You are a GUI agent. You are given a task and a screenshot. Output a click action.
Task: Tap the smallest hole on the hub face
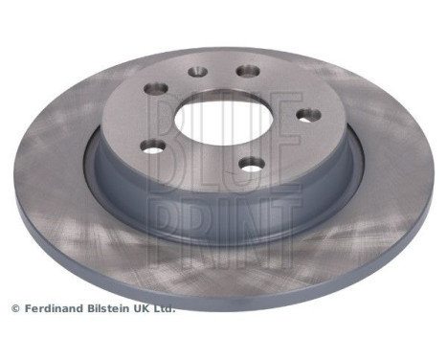197,70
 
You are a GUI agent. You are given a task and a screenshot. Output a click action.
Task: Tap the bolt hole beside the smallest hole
246,71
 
